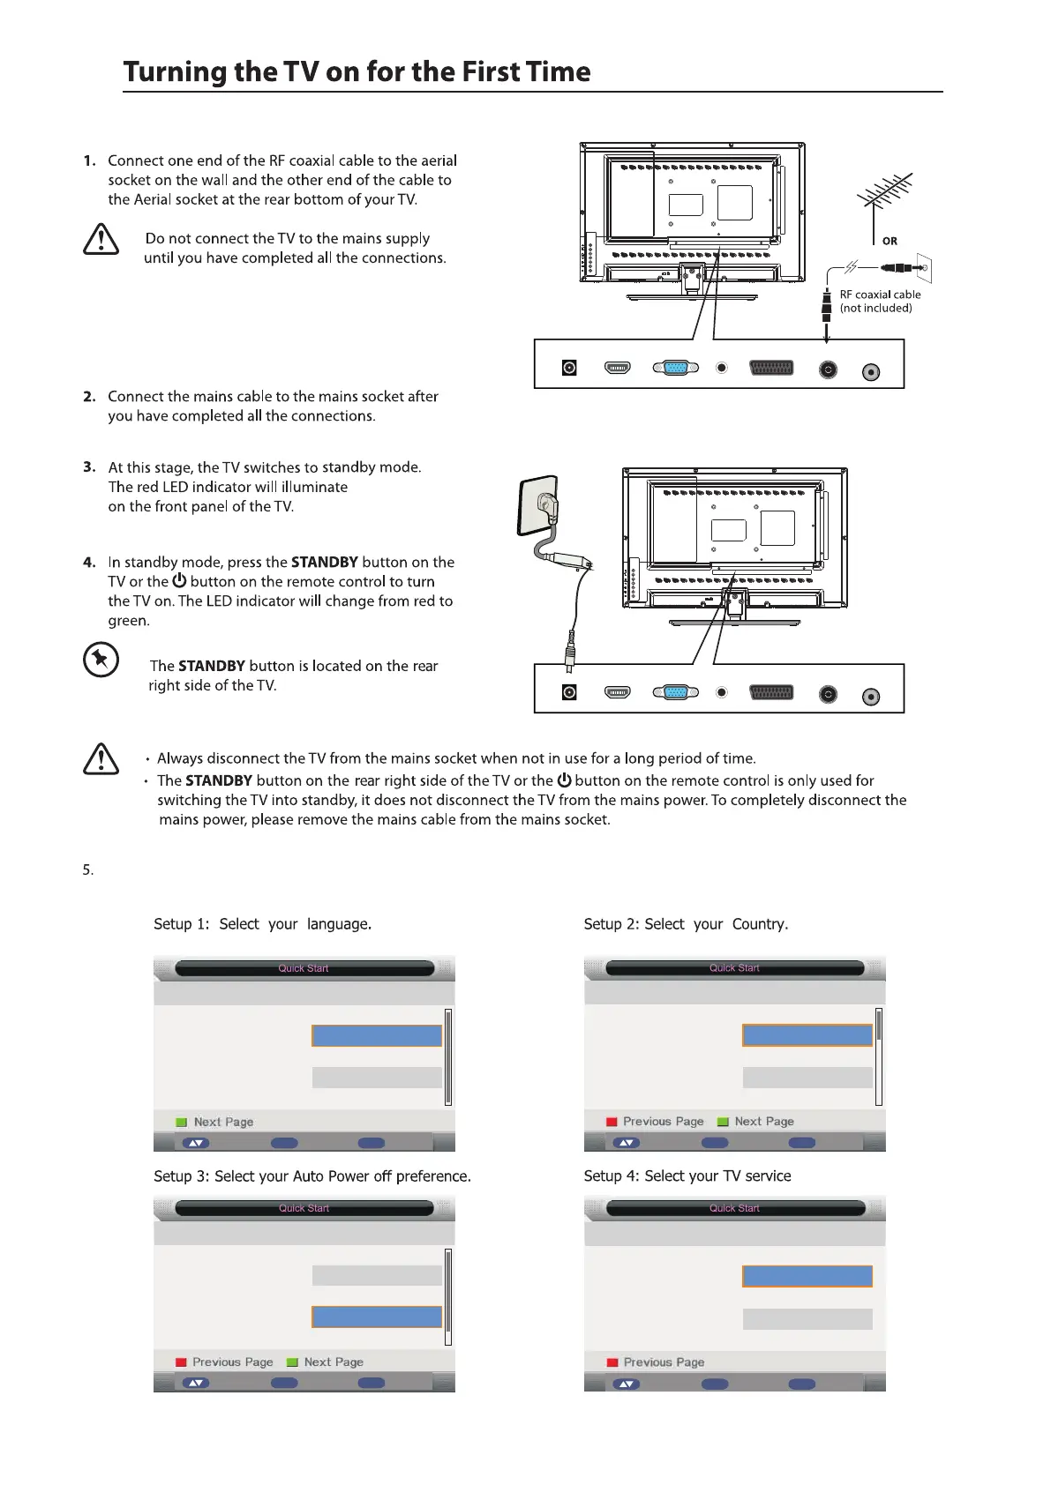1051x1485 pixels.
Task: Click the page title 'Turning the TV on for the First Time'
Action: coord(357,71)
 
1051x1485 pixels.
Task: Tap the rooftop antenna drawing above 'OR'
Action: coord(885,198)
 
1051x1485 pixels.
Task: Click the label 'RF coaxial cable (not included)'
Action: coord(879,301)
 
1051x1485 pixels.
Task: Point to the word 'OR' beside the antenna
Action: coord(890,241)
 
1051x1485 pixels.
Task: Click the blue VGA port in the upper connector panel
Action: coord(676,368)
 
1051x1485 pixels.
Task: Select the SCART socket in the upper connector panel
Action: coord(770,368)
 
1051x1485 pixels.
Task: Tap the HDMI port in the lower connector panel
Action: coord(618,692)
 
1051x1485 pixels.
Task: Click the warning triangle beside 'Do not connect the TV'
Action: coord(101,240)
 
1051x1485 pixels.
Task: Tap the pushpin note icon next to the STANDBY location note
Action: coord(101,660)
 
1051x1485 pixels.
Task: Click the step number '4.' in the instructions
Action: coord(89,563)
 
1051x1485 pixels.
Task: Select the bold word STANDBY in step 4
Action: coord(324,563)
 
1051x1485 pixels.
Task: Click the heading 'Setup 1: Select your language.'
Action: coord(262,924)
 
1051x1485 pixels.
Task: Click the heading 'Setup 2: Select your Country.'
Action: coord(686,924)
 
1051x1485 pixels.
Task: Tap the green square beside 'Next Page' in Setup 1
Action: coord(182,1122)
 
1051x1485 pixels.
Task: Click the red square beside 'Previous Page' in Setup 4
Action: coord(612,1362)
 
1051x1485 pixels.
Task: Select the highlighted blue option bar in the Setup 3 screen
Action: coord(377,1317)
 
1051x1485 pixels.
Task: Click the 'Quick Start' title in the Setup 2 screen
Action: coord(734,967)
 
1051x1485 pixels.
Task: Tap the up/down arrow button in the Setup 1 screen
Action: coord(196,1143)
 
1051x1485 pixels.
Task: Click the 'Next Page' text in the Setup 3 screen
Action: coord(334,1362)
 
